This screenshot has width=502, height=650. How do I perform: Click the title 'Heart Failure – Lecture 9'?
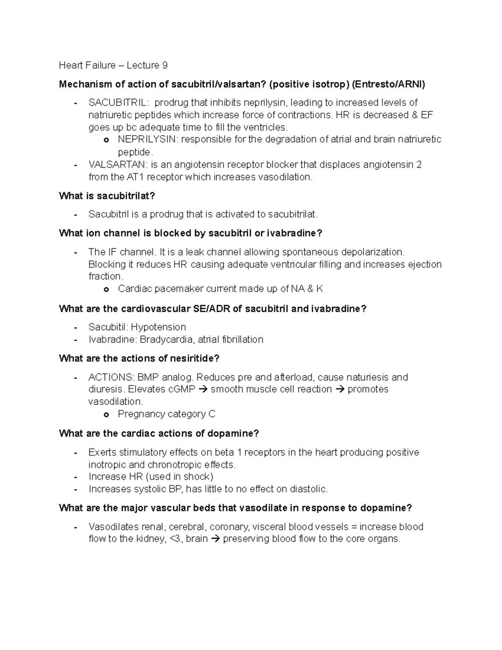point(113,65)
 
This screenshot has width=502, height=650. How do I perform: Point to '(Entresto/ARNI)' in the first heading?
point(388,84)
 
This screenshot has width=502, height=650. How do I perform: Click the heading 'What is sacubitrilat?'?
point(107,195)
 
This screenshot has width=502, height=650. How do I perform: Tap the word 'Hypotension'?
point(159,327)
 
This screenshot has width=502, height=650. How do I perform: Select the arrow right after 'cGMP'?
point(203,389)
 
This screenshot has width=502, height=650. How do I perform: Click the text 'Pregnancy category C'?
point(166,414)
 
